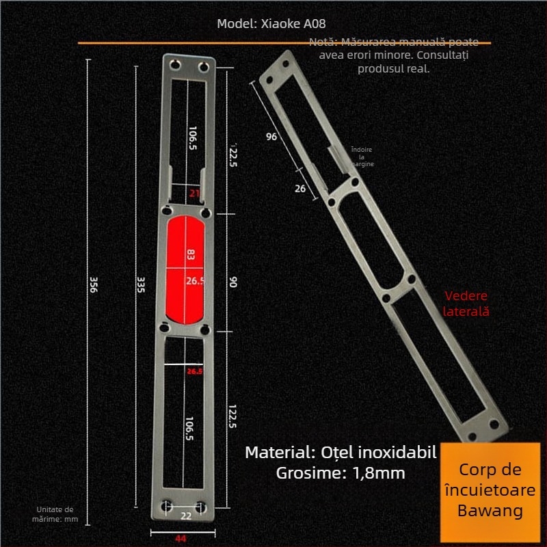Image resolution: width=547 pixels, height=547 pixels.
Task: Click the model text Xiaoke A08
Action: tap(271, 23)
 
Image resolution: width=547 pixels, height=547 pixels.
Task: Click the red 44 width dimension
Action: tap(181, 538)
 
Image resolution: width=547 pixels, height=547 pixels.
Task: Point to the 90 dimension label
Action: tap(232, 281)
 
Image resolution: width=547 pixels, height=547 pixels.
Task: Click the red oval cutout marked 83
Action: tap(187, 269)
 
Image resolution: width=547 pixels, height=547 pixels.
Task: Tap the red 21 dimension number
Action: tap(194, 194)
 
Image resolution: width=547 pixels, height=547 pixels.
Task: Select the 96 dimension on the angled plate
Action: tap(271, 137)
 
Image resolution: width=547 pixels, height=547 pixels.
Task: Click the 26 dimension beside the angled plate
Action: tap(300, 189)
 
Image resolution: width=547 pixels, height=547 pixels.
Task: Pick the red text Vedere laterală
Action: tap(467, 304)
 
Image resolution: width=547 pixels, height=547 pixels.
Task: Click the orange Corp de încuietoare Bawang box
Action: tap(490, 490)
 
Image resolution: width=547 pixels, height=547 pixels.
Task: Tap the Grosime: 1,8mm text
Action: tap(341, 472)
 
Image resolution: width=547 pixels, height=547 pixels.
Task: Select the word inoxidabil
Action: tap(401, 452)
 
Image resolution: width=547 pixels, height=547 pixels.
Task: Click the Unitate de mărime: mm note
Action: tap(57, 514)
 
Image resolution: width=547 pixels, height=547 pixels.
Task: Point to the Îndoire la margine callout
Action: tap(362, 157)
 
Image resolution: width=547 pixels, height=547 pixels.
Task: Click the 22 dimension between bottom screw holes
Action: tap(186, 516)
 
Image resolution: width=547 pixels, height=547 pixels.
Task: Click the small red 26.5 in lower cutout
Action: tap(195, 371)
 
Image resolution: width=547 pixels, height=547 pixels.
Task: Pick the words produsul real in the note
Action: tap(393, 69)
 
